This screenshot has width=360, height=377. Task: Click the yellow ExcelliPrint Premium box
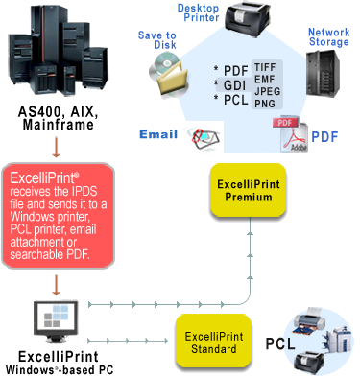pyautogui.click(x=248, y=190)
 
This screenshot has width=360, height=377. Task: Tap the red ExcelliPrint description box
pyautogui.click(x=59, y=215)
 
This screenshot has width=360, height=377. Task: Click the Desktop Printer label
pyautogui.click(x=198, y=12)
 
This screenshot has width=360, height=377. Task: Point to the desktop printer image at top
pyautogui.click(x=248, y=17)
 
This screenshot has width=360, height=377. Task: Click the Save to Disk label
pyautogui.click(x=157, y=39)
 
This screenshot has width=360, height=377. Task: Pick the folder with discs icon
pyautogui.click(x=169, y=75)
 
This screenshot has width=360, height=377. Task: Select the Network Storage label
pyautogui.click(x=328, y=36)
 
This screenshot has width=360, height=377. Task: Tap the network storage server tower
pyautogui.click(x=323, y=73)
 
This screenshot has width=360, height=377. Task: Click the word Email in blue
pyautogui.click(x=158, y=134)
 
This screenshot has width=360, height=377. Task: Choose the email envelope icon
pyautogui.click(x=204, y=137)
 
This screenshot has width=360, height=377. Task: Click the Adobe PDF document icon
pyautogui.click(x=290, y=134)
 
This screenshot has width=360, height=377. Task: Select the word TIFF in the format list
pyautogui.click(x=265, y=67)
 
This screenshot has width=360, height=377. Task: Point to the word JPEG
pyautogui.click(x=267, y=91)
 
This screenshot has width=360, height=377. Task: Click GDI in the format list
pyautogui.click(x=234, y=85)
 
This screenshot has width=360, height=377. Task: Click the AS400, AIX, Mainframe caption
pyautogui.click(x=58, y=118)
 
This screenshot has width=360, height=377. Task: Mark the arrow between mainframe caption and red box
pyautogui.click(x=56, y=147)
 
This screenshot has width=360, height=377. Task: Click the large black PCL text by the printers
pyautogui.click(x=280, y=343)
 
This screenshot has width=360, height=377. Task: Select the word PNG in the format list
pyautogui.click(x=265, y=104)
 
